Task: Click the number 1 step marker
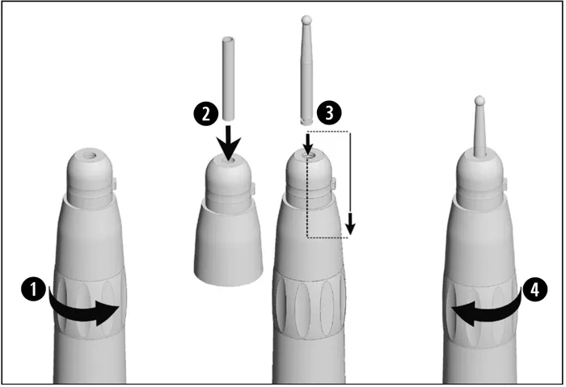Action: click(33, 289)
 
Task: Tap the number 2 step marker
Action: click(206, 114)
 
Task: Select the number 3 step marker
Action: click(329, 112)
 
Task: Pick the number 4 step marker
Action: click(535, 289)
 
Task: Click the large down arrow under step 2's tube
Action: click(228, 141)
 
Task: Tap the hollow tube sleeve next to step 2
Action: click(228, 78)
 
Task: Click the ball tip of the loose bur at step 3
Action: click(306, 19)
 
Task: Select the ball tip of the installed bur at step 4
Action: click(479, 100)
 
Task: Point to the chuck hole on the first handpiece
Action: click(89, 156)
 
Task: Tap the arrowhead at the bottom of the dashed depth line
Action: click(350, 229)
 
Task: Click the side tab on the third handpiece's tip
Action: click(333, 185)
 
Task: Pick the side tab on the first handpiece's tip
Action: click(113, 185)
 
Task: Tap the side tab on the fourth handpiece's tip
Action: click(505, 185)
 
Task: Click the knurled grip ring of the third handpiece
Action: click(309, 305)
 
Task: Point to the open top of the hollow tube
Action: click(228, 39)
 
